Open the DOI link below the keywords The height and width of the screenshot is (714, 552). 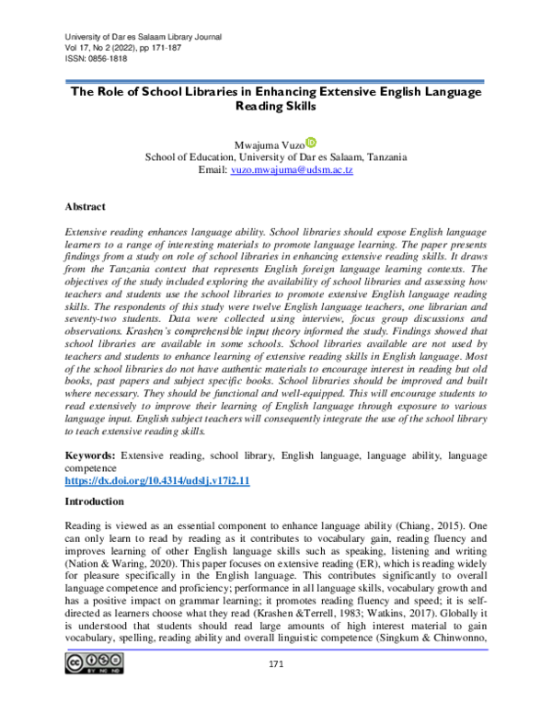[x=157, y=481]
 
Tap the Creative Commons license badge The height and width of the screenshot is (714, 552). [x=94, y=690]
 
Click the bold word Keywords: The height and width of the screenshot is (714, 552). [x=89, y=455]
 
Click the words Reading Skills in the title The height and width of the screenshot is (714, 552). [x=276, y=107]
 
